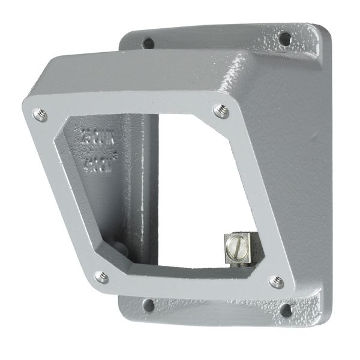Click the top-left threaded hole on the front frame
(40, 115)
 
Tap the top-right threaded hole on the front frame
(221, 110)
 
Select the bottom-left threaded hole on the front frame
(102, 277)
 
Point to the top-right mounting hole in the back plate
(284, 39)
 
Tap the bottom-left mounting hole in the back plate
(148, 305)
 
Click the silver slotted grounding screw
(235, 246)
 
